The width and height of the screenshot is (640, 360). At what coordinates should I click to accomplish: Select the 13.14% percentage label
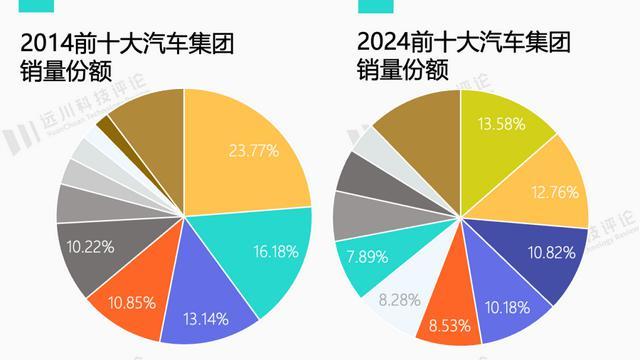206,320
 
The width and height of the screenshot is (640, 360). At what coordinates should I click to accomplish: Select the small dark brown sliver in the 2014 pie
105,131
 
